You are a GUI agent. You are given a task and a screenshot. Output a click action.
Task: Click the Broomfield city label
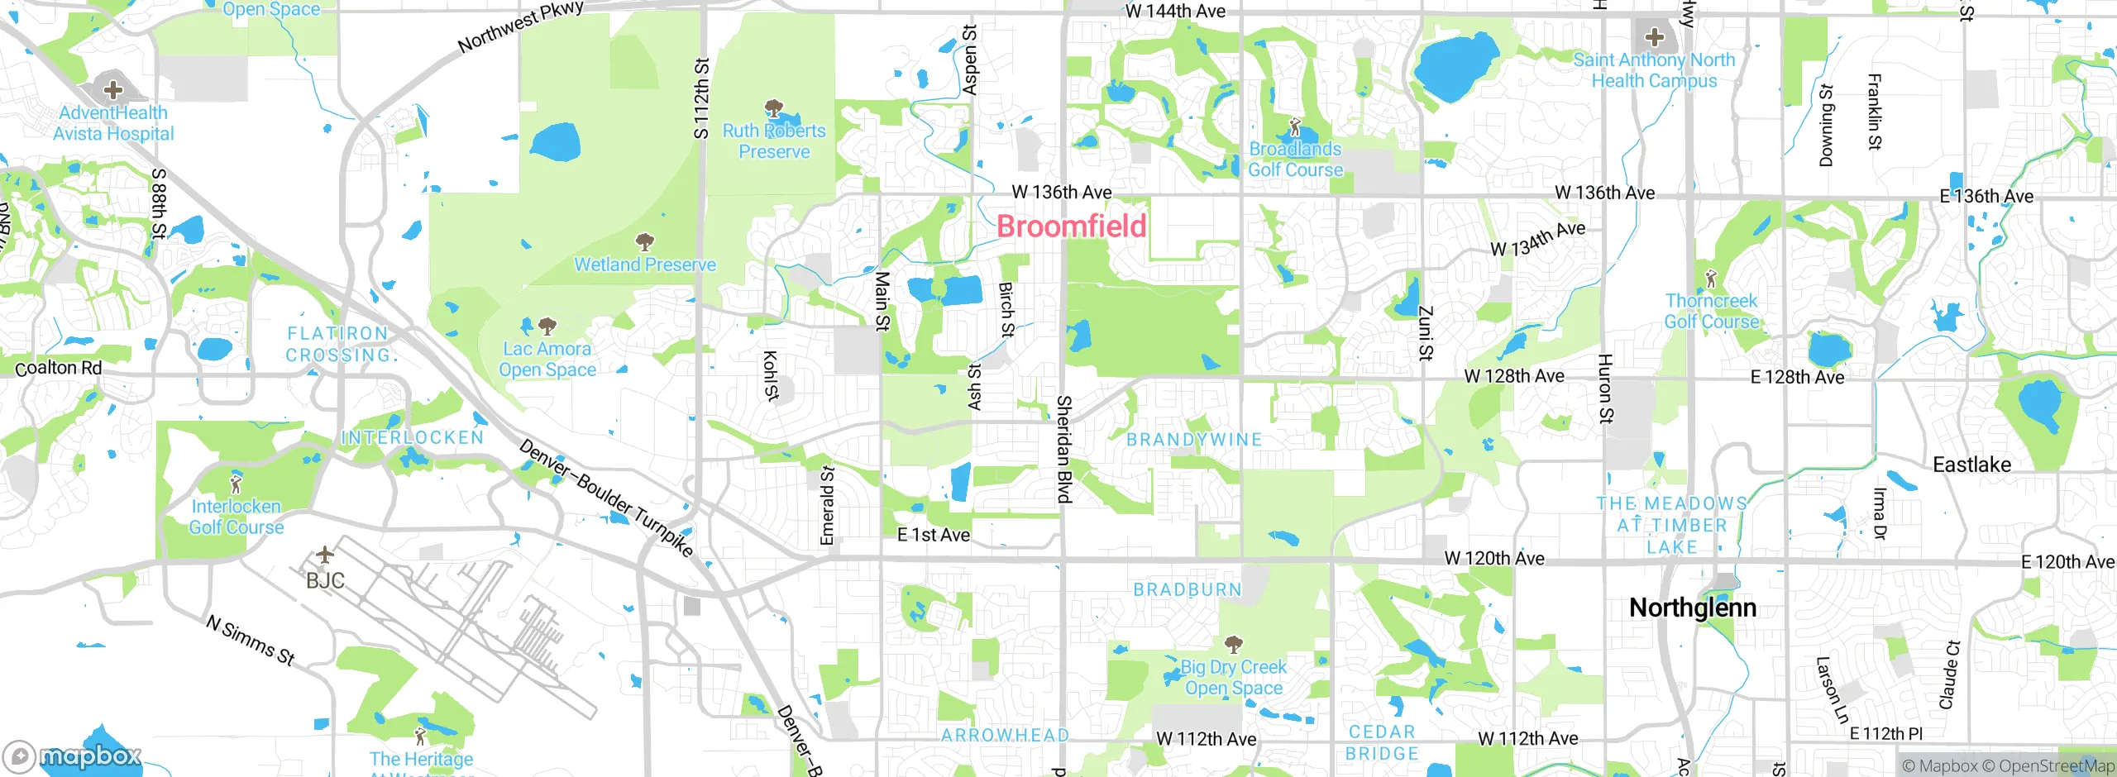[x=1072, y=226]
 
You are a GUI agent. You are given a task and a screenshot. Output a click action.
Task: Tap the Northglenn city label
[x=1692, y=608]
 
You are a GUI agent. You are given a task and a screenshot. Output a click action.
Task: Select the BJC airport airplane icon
[x=325, y=554]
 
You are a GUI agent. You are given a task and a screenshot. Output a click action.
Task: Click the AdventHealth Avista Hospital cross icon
[x=113, y=89]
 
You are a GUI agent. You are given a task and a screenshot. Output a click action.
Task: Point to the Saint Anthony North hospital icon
[x=1654, y=37]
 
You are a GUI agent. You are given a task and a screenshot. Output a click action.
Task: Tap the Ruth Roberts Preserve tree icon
[x=773, y=108]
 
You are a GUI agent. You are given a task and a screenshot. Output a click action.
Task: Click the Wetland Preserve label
[x=645, y=265]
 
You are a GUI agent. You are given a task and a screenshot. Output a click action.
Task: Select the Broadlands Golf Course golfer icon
[x=1295, y=127]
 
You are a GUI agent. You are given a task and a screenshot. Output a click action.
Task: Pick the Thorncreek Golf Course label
[x=1711, y=311]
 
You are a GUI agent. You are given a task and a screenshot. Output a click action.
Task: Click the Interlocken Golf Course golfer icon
[x=237, y=482]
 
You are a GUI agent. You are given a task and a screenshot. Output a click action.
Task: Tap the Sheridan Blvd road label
[x=1064, y=449]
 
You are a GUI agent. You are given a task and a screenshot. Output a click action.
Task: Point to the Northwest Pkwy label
[x=521, y=27]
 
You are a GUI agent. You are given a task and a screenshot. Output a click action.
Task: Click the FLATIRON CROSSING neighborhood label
[x=338, y=344]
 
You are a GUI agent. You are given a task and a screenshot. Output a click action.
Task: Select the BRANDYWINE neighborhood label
[x=1194, y=440]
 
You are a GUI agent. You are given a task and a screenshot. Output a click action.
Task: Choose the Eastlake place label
[x=1971, y=465]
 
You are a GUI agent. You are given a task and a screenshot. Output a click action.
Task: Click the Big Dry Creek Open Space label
[x=1233, y=677]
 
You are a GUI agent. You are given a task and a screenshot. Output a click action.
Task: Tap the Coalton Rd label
[x=59, y=368]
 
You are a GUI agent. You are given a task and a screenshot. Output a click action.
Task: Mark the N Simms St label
[x=251, y=641]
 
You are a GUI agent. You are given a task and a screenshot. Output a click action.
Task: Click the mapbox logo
[x=73, y=756]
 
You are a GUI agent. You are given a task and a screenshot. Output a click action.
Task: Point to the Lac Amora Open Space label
[x=547, y=359]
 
